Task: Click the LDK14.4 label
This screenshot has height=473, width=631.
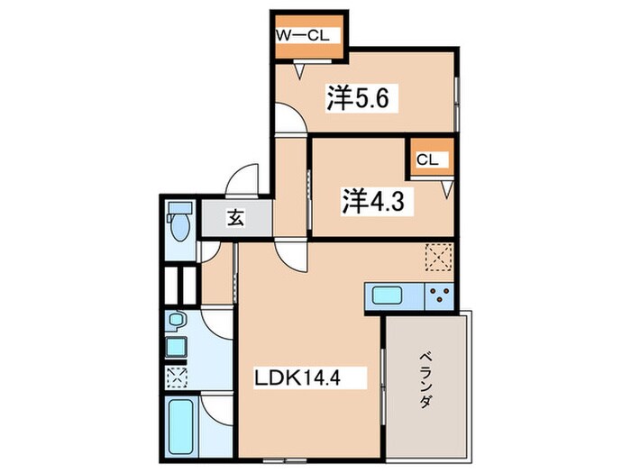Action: point(299,377)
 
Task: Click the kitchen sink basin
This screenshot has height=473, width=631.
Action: point(388,296)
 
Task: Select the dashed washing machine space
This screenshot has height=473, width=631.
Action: point(174,376)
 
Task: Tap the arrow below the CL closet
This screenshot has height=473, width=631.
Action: point(445,188)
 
